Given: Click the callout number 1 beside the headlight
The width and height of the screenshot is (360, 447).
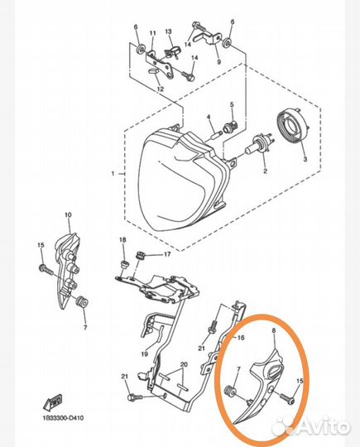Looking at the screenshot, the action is click(x=113, y=173).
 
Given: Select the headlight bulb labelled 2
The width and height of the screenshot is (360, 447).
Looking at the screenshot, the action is click(x=258, y=147).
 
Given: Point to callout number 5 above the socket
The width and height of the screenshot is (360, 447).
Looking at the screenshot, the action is click(x=232, y=104).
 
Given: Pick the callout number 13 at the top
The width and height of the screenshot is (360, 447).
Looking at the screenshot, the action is click(x=169, y=31).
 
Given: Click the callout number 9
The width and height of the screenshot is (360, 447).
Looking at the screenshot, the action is click(x=219, y=61).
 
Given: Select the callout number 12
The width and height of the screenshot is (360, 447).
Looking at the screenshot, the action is click(x=161, y=89).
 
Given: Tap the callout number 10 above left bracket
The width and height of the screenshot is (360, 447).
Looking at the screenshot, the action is click(x=68, y=215).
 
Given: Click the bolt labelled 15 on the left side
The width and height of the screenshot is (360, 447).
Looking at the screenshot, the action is click(x=46, y=269).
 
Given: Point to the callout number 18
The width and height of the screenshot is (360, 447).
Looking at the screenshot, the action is click(x=122, y=240).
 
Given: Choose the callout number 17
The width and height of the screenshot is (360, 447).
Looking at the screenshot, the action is click(x=167, y=254).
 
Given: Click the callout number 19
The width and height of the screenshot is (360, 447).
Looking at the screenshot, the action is click(x=145, y=354).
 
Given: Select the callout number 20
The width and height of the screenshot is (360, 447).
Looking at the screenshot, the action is click(x=184, y=364).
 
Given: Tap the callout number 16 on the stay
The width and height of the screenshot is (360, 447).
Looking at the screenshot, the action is click(x=241, y=338).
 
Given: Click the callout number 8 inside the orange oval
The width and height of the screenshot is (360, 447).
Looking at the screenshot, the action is click(x=274, y=331).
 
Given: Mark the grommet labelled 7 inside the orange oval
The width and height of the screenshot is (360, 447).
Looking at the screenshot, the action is click(x=230, y=391).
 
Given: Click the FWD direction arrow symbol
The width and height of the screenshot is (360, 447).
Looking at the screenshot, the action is click(x=52, y=403).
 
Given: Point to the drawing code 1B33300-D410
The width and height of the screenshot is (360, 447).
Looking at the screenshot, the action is click(x=63, y=418).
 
